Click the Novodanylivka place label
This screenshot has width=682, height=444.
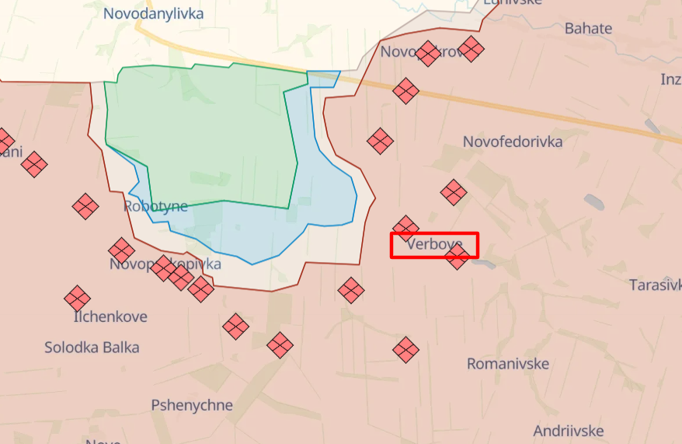[153, 14]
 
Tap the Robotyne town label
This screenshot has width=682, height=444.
[155, 207]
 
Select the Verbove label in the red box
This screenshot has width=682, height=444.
[434, 245]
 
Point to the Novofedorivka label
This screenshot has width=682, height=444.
[513, 142]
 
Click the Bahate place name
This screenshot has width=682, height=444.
[588, 29]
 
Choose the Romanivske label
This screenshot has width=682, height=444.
[508, 364]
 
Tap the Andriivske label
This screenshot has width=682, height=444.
[569, 430]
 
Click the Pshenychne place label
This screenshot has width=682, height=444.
[192, 405]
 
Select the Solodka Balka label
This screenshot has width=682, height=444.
[92, 347]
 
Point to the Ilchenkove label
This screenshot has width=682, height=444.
[110, 317]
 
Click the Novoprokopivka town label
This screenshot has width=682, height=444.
[165, 264]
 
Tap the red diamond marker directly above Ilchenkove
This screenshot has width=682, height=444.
[77, 299]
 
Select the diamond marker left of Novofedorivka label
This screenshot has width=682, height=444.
[381, 141]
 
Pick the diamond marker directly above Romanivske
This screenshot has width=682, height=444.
[405, 349]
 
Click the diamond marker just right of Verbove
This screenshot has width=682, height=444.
[458, 257]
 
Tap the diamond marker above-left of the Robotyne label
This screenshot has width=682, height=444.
[85, 206]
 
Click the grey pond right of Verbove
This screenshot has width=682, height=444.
[482, 264]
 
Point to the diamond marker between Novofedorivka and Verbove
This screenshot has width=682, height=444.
[454, 192]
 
